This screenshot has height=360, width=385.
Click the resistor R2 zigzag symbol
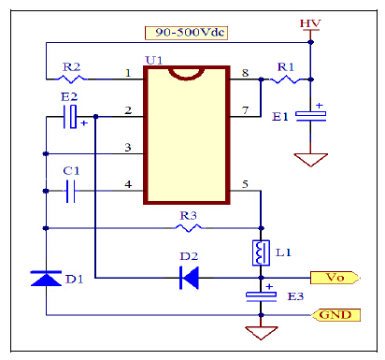(73, 80)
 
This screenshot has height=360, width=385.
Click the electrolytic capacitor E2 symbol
(71, 117)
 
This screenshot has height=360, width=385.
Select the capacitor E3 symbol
(260, 296)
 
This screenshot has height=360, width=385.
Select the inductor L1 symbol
(260, 253)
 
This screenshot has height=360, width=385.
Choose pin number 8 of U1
(245, 72)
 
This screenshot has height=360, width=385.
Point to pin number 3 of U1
(127, 147)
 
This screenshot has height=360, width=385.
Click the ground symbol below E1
(311, 160)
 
